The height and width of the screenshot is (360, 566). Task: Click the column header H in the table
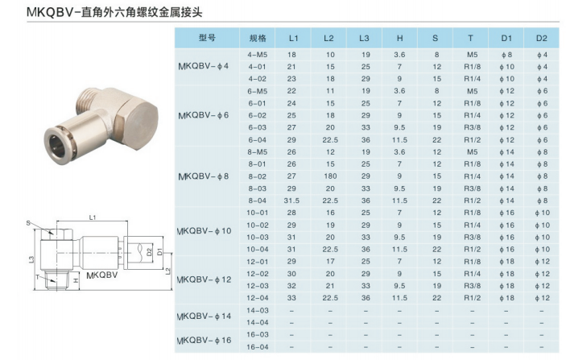(400, 38)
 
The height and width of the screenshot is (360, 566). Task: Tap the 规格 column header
(258, 38)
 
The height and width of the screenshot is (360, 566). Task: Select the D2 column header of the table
(541, 38)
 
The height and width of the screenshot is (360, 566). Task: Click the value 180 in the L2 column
(328, 175)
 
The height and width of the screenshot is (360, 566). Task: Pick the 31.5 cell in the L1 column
(292, 201)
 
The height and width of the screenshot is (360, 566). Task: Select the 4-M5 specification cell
(258, 55)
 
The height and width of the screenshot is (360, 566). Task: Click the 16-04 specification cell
(258, 346)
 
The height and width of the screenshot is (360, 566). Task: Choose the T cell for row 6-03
(470, 126)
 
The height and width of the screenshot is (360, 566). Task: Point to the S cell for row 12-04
(436, 297)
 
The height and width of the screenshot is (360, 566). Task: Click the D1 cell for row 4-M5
(506, 55)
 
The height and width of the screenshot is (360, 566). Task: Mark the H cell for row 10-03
(400, 237)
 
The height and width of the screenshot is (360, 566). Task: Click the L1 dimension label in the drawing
(93, 217)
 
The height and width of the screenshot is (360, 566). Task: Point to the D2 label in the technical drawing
(149, 251)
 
